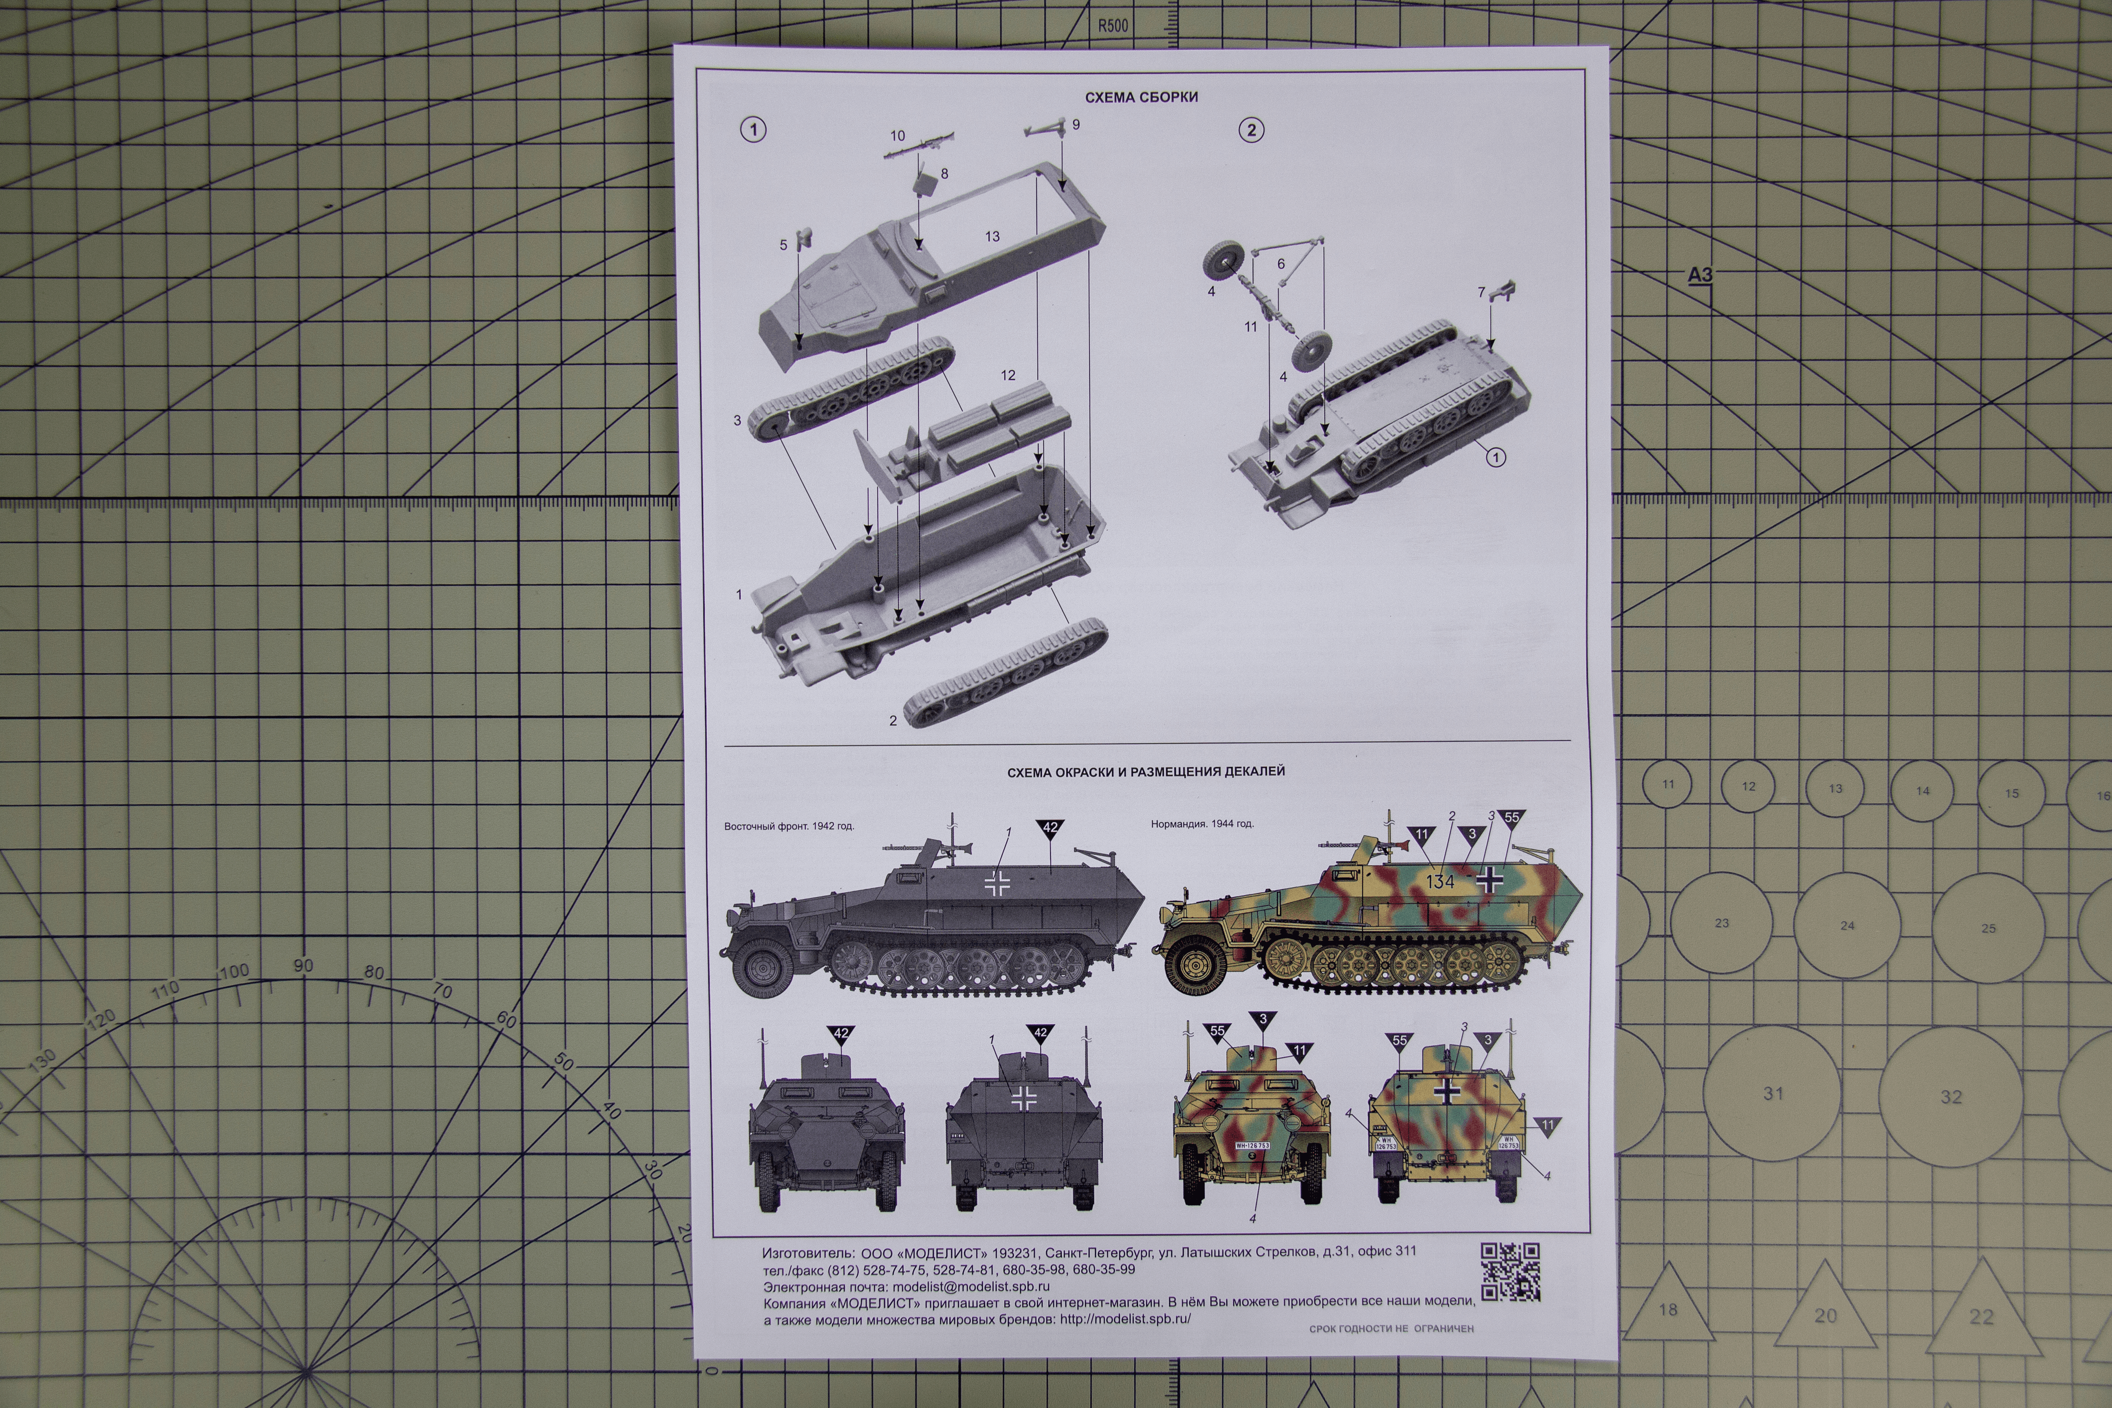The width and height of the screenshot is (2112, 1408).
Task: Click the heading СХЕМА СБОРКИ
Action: pos(1141,97)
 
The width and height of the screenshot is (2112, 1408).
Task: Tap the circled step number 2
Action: pos(1251,130)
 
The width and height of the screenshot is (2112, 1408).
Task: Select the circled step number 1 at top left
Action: pos(753,129)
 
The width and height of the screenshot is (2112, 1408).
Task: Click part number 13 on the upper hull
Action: pos(992,236)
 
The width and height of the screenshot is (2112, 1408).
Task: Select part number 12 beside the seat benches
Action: pos(1008,375)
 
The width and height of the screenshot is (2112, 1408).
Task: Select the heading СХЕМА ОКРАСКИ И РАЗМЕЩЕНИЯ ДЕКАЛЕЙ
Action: pos(1146,771)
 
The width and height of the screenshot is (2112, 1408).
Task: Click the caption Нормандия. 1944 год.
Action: pos(1202,823)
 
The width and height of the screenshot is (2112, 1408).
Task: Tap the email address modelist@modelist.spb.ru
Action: pos(971,1287)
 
